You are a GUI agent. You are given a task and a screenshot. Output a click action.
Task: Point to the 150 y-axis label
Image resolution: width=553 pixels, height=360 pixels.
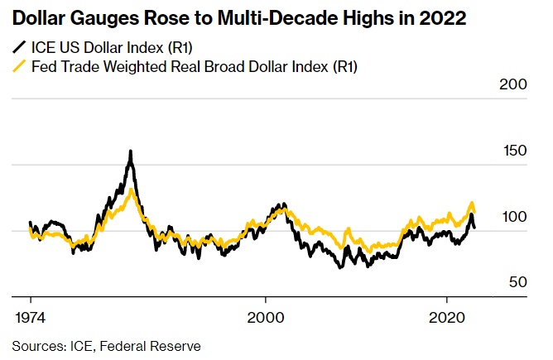pos(514,151)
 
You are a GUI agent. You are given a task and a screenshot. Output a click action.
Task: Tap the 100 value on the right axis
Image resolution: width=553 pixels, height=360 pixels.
pos(514,217)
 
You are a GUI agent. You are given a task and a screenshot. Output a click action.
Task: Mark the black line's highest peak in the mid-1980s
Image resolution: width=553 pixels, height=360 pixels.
pos(131,152)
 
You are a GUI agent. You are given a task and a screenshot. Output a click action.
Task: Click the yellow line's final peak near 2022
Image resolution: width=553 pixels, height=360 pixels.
pos(472,203)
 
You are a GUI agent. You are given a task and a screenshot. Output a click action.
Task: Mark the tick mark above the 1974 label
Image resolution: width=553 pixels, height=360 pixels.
pos(31,299)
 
